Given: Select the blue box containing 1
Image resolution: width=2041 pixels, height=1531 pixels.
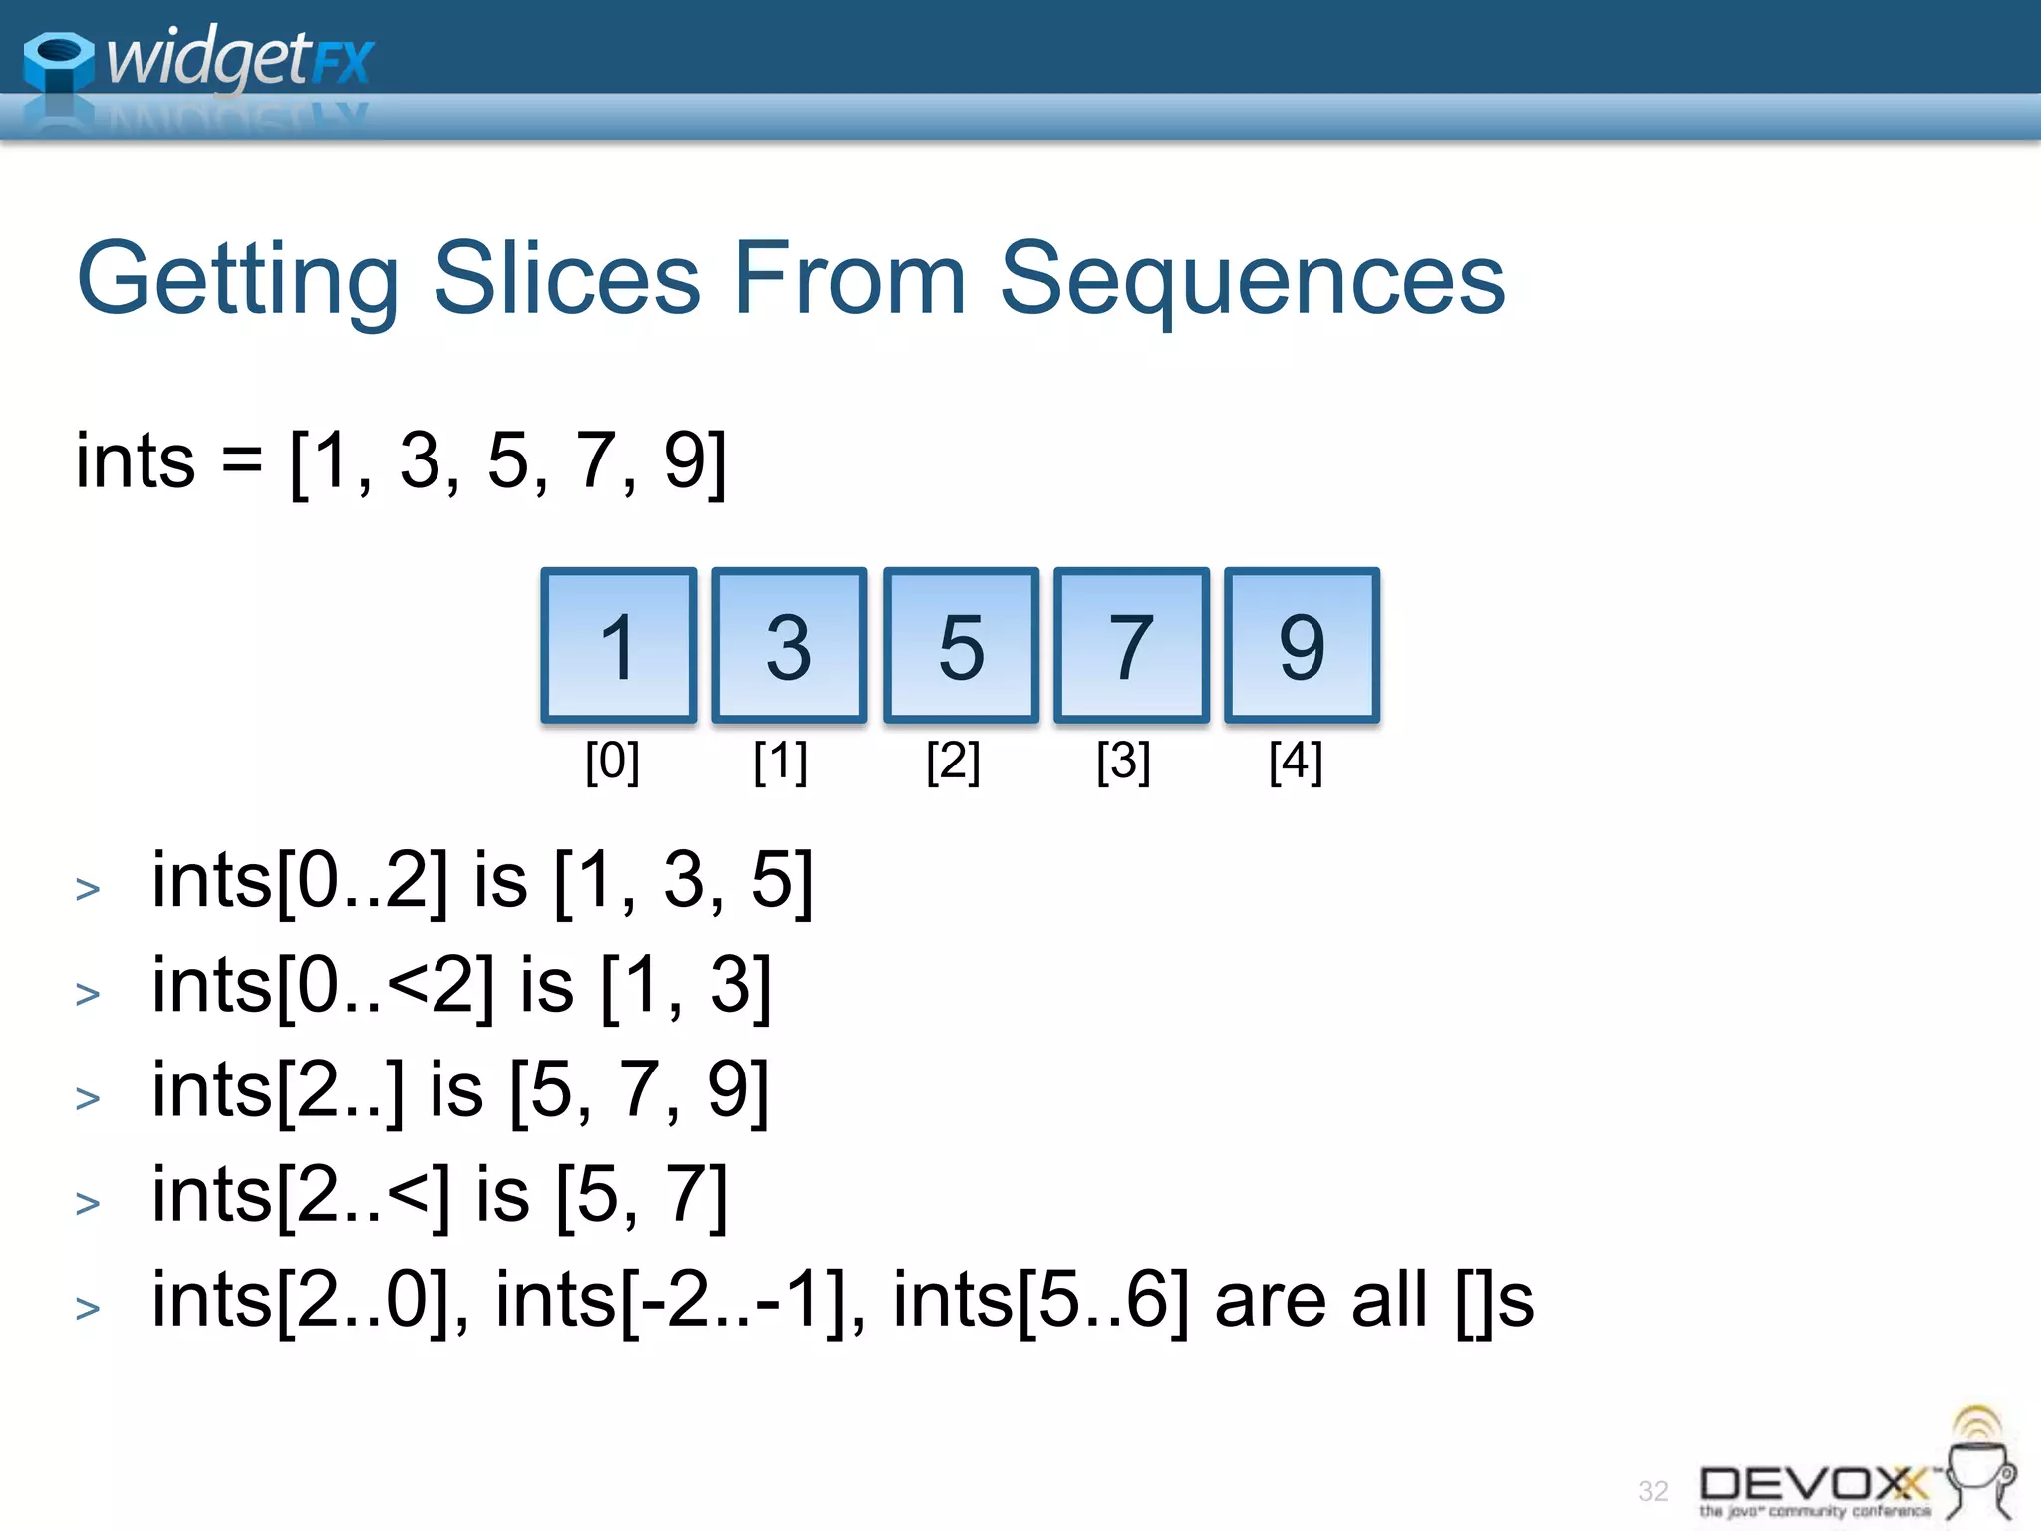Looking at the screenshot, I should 618,645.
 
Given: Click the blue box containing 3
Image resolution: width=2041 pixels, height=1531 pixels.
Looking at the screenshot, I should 788,645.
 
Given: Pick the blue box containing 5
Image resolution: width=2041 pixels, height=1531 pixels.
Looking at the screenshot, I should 961,645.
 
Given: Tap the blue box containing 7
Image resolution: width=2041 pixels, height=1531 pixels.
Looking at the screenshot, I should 1131,645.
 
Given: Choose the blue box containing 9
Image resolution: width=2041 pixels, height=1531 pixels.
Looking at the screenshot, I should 1302,645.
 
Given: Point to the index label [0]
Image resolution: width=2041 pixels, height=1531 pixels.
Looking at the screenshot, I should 612,762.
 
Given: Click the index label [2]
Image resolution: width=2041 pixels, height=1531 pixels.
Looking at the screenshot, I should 953,762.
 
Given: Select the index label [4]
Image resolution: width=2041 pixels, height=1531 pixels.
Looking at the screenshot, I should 1296,762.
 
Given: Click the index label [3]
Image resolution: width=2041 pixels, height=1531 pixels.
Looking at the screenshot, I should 1123,762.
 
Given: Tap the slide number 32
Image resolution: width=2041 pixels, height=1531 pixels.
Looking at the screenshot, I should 1653,1491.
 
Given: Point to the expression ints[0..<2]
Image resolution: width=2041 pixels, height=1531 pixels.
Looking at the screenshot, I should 323,986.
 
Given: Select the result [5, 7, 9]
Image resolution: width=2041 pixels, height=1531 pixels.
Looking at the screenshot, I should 640,1090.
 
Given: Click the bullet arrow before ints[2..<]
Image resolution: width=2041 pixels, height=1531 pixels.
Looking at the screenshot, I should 88,1203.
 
